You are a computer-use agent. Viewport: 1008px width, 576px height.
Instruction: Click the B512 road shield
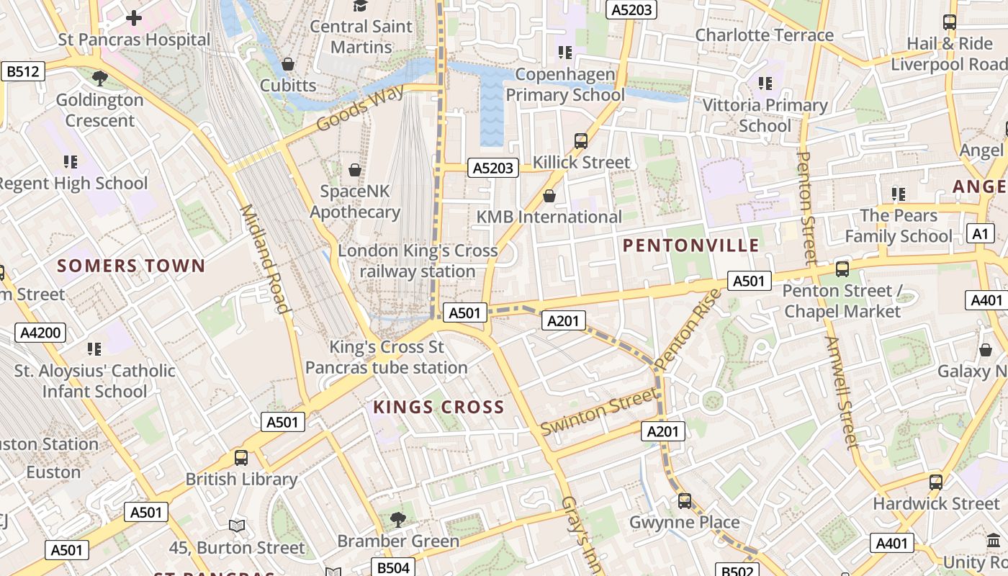[23, 71]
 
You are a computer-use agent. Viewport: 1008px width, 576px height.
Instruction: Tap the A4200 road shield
[40, 333]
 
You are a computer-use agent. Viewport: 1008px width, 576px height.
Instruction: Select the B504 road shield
[393, 567]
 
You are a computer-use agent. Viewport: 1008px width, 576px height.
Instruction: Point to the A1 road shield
[980, 233]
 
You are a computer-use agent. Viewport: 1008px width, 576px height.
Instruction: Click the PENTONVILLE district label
[690, 246]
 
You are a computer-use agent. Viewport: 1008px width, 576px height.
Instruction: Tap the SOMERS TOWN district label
[131, 266]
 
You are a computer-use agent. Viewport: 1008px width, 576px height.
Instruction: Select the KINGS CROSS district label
[438, 408]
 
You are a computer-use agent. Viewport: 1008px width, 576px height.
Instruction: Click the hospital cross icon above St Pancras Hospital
[134, 18]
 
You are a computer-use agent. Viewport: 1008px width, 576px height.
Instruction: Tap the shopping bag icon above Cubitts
[288, 64]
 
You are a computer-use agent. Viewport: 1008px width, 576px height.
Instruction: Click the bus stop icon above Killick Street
[581, 140]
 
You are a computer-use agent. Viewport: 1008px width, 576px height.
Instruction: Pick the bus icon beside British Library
[241, 457]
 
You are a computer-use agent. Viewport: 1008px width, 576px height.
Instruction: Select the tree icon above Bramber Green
[397, 519]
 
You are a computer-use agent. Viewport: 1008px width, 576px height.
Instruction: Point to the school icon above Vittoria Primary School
[765, 84]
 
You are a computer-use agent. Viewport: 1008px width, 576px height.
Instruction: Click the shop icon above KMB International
[549, 196]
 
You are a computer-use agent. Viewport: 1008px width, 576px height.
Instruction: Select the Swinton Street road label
[599, 411]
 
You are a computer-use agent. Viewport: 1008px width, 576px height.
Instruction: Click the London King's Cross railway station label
[418, 261]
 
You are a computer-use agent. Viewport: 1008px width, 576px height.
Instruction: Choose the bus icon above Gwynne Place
[684, 500]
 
